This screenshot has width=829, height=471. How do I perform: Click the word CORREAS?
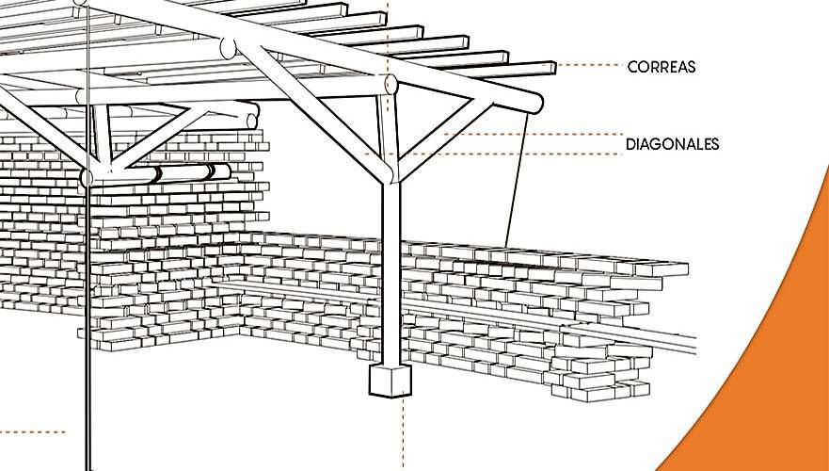tap(661, 67)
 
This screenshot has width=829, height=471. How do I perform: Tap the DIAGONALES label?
tap(672, 144)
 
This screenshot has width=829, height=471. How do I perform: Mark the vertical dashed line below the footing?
tap(403, 433)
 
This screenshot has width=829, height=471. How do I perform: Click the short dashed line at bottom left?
tap(33, 432)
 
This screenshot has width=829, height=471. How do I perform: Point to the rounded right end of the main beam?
tap(534, 102)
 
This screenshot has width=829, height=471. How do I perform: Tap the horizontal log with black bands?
tap(179, 174)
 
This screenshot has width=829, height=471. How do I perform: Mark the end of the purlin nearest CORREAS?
tap(550, 69)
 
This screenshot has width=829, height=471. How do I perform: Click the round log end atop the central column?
tap(391, 86)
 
